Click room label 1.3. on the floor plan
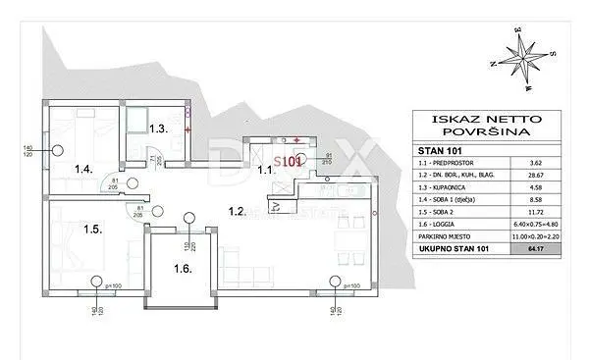pos(159,129)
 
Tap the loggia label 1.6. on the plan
pos(182,268)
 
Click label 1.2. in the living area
pos(236,211)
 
